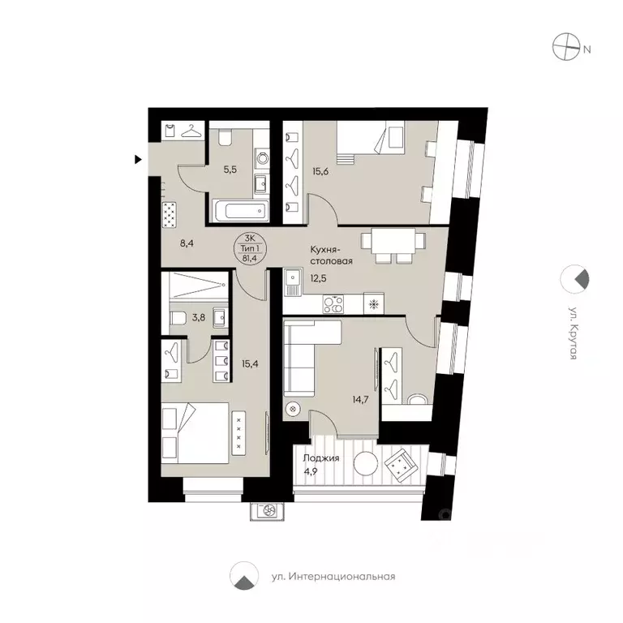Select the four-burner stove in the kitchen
(333, 305)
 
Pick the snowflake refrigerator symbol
(374, 305)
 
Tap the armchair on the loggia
(401, 466)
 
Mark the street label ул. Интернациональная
(333, 577)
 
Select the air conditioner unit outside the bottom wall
(267, 510)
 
